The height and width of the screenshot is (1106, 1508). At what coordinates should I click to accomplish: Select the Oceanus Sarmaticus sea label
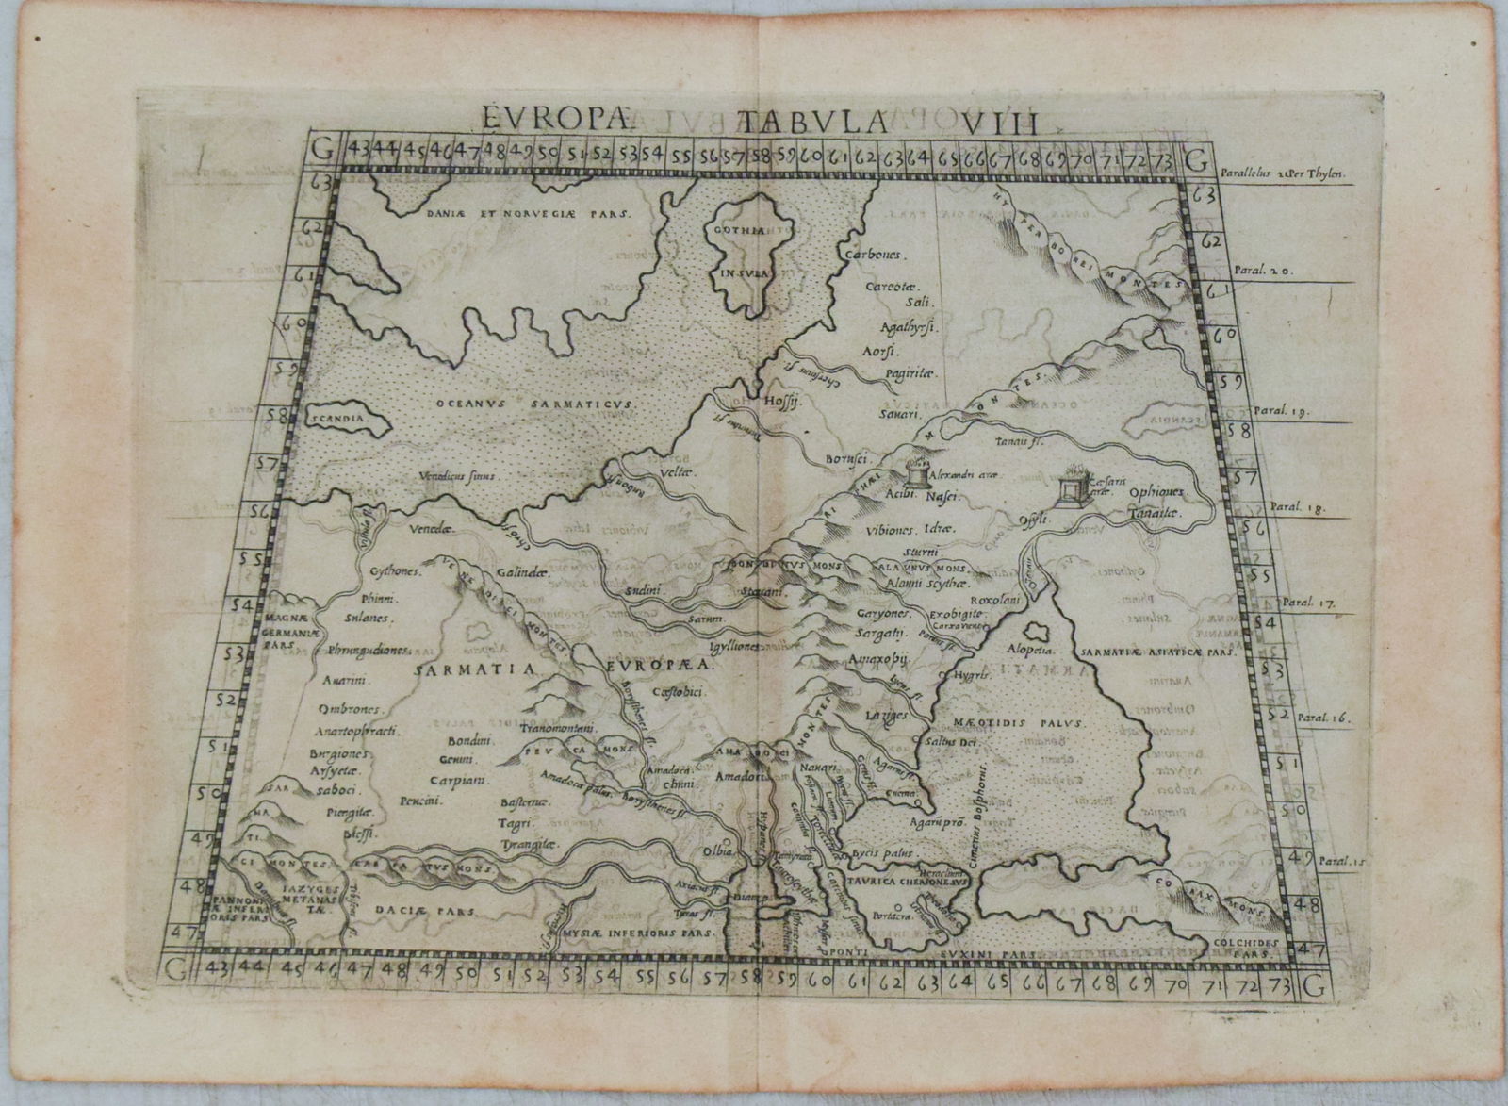pyautogui.click(x=537, y=403)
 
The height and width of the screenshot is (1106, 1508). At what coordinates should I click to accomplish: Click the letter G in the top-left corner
pyautogui.click(x=323, y=149)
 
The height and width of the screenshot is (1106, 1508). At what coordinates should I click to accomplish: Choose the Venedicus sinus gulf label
pyautogui.click(x=459, y=477)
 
